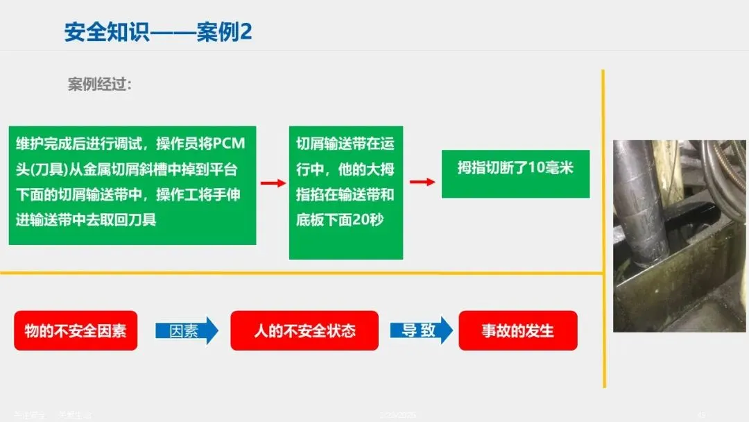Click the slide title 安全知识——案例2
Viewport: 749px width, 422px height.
pos(157,33)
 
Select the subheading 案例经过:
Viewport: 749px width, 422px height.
pos(99,85)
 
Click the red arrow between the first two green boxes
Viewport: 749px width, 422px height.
pos(273,183)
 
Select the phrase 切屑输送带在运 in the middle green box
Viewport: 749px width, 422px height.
pos(345,144)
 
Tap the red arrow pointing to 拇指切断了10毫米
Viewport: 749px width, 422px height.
pos(422,182)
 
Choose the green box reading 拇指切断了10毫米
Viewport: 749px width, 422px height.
pos(515,174)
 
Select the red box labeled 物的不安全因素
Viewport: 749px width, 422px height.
pos(76,330)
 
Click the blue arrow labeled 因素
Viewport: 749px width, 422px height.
pos(186,330)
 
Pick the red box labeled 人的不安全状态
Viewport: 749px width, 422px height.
pos(304,330)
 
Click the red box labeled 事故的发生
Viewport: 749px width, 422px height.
pos(518,330)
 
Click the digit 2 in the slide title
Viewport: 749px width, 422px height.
pos(245,33)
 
